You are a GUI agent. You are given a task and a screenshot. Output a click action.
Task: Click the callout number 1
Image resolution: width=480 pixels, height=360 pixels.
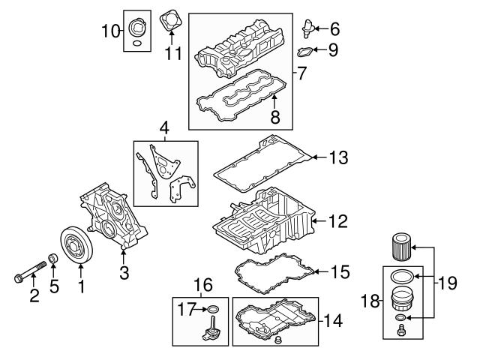coord(80,286)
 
